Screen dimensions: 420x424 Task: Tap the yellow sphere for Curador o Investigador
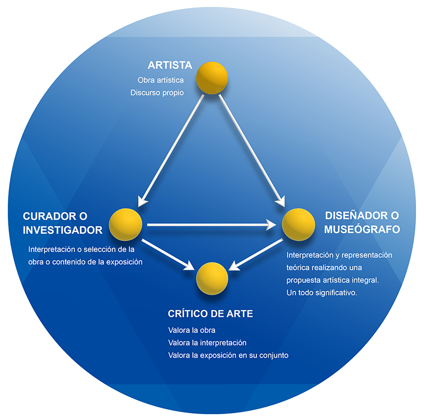pos(126,224)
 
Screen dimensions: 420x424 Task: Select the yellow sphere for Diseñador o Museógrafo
pos(298,224)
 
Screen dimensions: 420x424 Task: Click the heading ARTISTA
pos(170,66)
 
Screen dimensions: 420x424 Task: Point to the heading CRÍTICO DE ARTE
pos(210,314)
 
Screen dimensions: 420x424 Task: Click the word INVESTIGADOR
pos(63,230)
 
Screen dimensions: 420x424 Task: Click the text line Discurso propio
pos(157,93)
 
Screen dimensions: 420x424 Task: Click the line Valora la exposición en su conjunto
pos(228,355)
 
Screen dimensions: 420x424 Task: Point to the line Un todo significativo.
pos(322,292)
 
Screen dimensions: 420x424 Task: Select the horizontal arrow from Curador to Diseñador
pos(212,225)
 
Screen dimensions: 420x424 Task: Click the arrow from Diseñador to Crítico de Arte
pos(258,253)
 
